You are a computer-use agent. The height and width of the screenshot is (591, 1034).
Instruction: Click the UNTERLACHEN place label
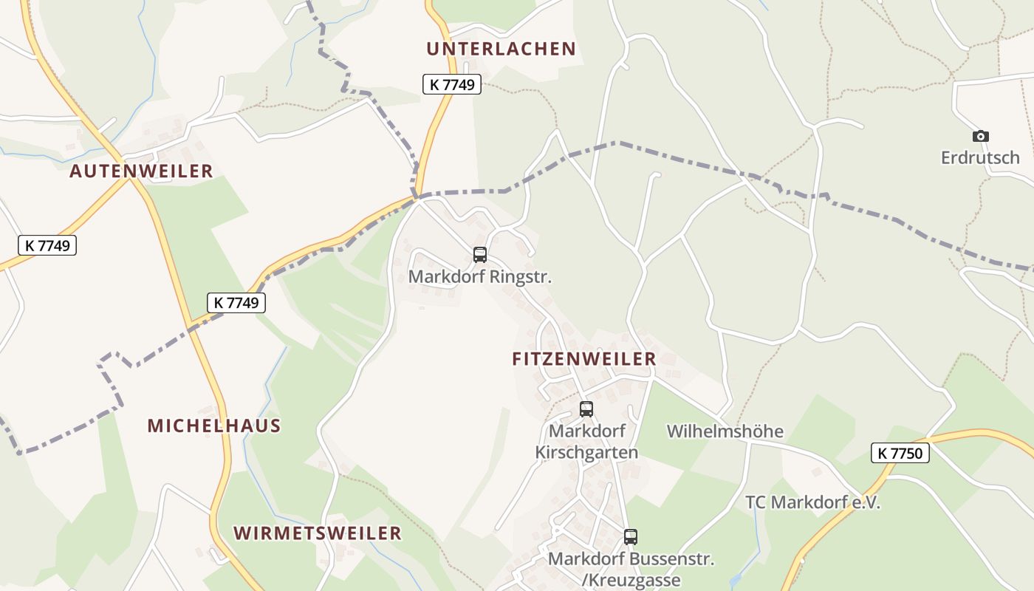click(501, 49)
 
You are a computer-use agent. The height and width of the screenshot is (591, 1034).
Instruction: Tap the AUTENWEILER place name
click(141, 171)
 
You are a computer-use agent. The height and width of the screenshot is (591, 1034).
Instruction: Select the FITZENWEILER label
click(583, 359)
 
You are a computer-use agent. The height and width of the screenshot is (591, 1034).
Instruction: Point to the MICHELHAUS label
click(214, 426)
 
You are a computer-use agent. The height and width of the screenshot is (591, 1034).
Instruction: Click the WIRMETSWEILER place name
click(318, 533)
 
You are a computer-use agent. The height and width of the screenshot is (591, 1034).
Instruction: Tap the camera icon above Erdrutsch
click(980, 136)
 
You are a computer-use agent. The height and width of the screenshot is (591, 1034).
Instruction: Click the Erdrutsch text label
click(980, 157)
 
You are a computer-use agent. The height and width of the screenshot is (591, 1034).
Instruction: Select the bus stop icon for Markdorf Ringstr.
click(480, 255)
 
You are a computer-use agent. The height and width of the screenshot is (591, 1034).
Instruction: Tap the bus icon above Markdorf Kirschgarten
click(586, 409)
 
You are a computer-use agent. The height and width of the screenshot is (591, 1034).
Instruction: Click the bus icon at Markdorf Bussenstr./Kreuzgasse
click(631, 536)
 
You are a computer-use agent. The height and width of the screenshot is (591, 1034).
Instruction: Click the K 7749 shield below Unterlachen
click(452, 84)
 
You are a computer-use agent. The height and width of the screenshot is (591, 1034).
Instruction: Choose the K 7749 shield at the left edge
click(47, 245)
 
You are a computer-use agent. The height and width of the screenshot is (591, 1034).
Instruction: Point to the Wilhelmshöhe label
click(725, 431)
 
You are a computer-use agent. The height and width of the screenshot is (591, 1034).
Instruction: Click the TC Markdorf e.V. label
click(812, 502)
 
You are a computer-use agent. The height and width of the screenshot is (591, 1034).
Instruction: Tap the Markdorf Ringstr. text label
click(480, 278)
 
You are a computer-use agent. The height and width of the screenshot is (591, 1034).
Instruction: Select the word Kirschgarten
click(586, 452)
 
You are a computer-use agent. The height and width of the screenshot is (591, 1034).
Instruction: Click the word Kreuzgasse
click(634, 581)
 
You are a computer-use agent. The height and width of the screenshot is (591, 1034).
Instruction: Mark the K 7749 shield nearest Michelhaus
click(236, 302)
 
